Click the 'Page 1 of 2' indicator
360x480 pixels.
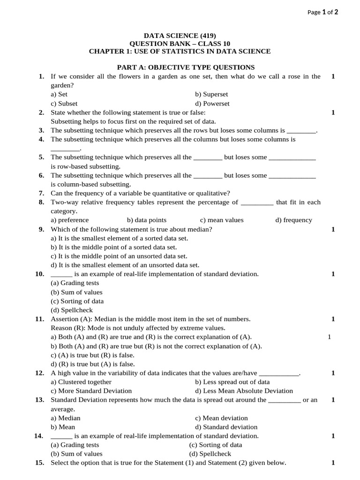click(322, 13)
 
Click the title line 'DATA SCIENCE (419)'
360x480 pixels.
click(180, 36)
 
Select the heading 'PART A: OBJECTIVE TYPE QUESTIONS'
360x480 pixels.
click(186, 67)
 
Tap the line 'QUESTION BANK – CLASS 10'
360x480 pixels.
click(180, 44)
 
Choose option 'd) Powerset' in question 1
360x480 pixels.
click(212, 104)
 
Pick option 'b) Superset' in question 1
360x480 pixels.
click(211, 94)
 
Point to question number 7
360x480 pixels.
click(41, 193)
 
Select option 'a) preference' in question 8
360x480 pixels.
click(69, 220)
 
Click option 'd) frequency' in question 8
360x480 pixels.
click(293, 220)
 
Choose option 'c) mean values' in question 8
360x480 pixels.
click(222, 220)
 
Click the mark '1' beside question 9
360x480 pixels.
click(333, 229)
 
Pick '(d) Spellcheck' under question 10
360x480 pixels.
click(72, 310)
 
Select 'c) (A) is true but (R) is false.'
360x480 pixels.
click(96, 355)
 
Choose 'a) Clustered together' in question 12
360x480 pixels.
click(81, 382)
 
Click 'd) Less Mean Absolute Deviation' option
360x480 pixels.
click(244, 391)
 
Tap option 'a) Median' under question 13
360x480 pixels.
click(66, 418)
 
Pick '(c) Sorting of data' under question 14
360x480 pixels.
click(216, 445)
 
